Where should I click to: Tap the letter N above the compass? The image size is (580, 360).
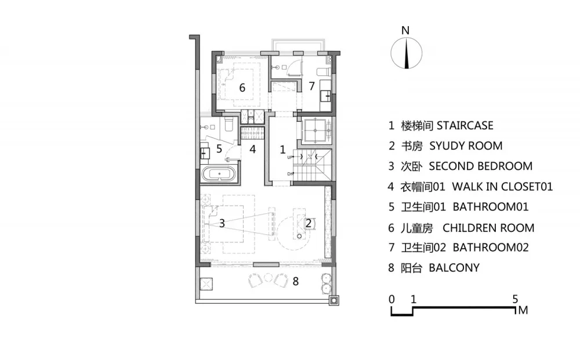tap(407, 30)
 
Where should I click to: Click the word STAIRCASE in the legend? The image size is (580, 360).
tap(465, 125)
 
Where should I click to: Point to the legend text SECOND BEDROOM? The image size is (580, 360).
tap(480, 166)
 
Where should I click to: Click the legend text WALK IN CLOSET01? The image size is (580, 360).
tap(502, 187)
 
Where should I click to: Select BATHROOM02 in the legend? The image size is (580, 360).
tap(491, 248)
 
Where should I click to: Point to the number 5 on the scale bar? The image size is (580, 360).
tap(515, 300)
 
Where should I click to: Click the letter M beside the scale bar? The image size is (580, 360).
tap(523, 311)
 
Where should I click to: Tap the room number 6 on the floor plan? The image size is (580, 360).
tap(242, 88)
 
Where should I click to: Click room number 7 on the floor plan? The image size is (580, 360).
tap(311, 86)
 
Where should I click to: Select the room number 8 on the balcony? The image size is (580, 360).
tap(296, 282)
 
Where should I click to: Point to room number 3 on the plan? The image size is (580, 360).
tap(221, 223)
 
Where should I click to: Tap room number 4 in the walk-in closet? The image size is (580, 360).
tap(253, 148)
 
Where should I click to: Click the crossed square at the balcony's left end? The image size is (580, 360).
tap(206, 284)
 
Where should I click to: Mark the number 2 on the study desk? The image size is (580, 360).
tap(309, 223)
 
